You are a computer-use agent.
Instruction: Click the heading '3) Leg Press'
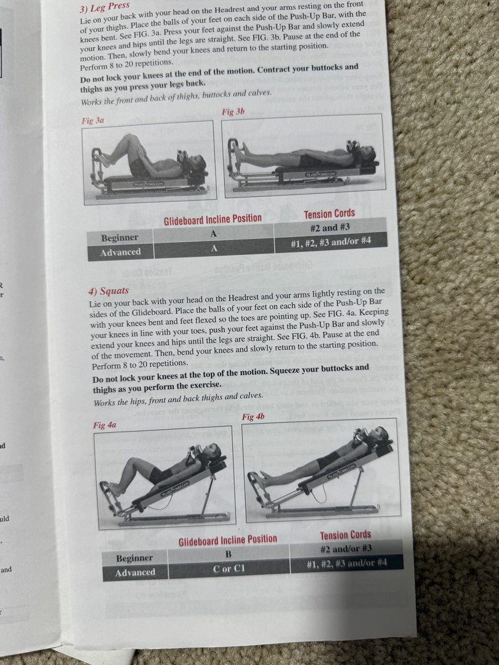(104, 7)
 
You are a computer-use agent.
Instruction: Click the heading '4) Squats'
(108, 291)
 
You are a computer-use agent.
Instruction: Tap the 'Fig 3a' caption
(93, 121)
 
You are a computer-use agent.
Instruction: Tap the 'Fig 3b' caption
(233, 111)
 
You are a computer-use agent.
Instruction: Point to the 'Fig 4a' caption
(104, 424)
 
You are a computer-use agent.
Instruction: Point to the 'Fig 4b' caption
(253, 416)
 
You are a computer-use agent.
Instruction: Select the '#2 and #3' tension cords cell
(330, 228)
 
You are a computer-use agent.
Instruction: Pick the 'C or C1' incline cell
(229, 568)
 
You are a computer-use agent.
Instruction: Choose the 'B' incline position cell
(229, 554)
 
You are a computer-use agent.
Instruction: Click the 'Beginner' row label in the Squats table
(134, 558)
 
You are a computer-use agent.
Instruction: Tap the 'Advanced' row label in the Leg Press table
(121, 252)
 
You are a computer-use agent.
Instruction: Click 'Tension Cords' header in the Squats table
(346, 535)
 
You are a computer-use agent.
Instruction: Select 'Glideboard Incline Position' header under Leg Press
(213, 219)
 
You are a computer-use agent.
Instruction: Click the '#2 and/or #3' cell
(346, 549)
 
